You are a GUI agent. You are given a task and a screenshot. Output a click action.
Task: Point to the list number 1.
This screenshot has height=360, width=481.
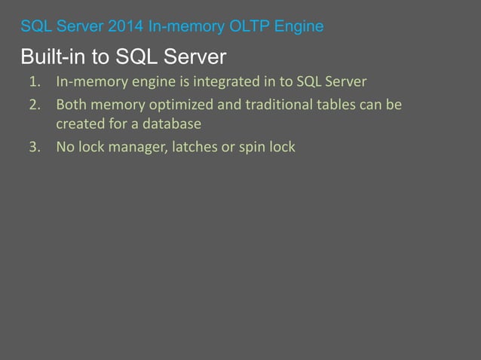(x=33, y=81)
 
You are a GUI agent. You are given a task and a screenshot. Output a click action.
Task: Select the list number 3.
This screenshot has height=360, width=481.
(x=33, y=146)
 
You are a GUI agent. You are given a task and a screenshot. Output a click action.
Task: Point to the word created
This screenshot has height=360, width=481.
(x=79, y=124)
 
